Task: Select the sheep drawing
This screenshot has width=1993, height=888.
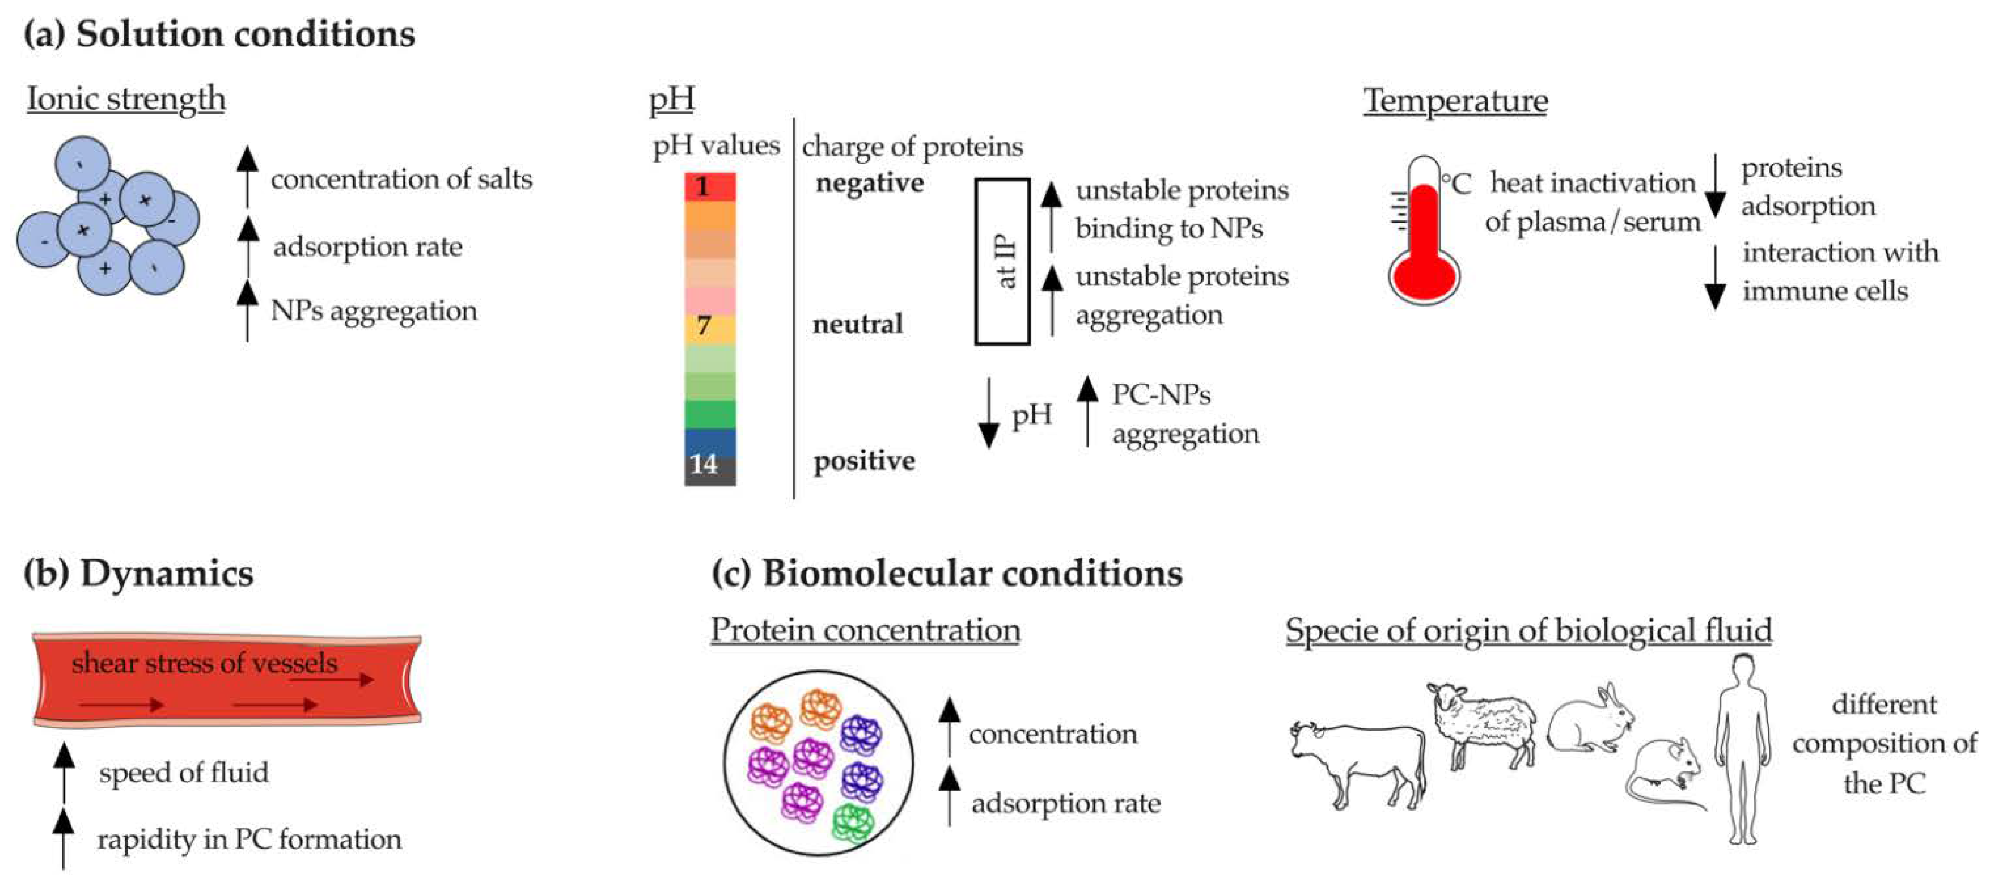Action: pos(1482,724)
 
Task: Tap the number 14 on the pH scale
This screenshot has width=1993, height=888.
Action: pos(703,464)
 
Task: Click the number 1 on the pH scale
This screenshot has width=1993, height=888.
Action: pos(702,187)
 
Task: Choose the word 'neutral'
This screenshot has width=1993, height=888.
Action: pos(857,324)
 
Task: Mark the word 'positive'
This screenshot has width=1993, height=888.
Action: pos(864,461)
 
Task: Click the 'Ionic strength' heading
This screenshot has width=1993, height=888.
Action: pos(126,99)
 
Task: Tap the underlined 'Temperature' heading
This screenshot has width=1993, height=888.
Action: pos(1455,101)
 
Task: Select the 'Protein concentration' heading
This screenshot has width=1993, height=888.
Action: pos(865,629)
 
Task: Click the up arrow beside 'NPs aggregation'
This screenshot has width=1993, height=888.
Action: pos(248,309)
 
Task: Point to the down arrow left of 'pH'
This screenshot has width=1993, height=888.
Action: pos(989,414)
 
